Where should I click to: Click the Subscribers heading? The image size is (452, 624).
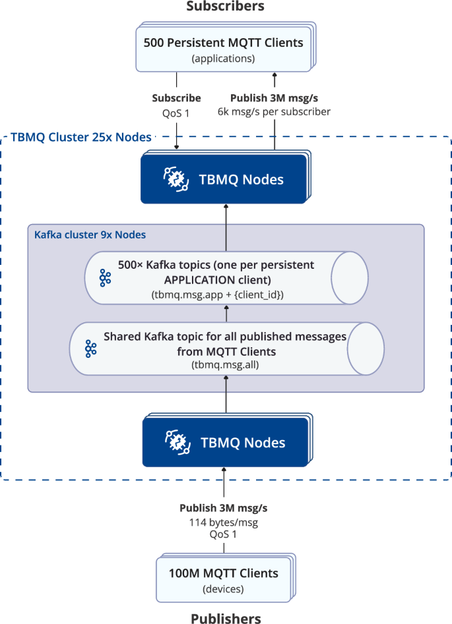(225, 7)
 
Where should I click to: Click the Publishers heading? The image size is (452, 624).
(226, 617)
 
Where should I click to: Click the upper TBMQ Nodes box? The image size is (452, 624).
(224, 179)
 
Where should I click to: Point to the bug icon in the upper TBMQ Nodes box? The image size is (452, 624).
(176, 179)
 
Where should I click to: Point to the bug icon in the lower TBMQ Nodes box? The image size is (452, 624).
(178, 441)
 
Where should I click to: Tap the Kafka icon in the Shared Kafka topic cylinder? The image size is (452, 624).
(91, 349)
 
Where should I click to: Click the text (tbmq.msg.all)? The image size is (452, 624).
(225, 364)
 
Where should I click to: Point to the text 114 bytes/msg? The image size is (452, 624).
(223, 522)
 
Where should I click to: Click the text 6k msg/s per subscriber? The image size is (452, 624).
(274, 111)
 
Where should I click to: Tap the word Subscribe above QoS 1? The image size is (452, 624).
(176, 98)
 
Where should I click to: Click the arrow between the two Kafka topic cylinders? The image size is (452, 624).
(226, 313)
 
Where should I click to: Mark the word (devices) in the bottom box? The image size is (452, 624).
(223, 588)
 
